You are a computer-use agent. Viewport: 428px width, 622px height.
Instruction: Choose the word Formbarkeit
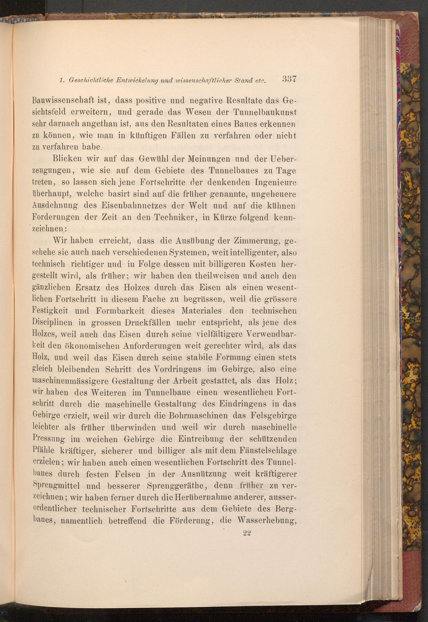pyautogui.click(x=120, y=311)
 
